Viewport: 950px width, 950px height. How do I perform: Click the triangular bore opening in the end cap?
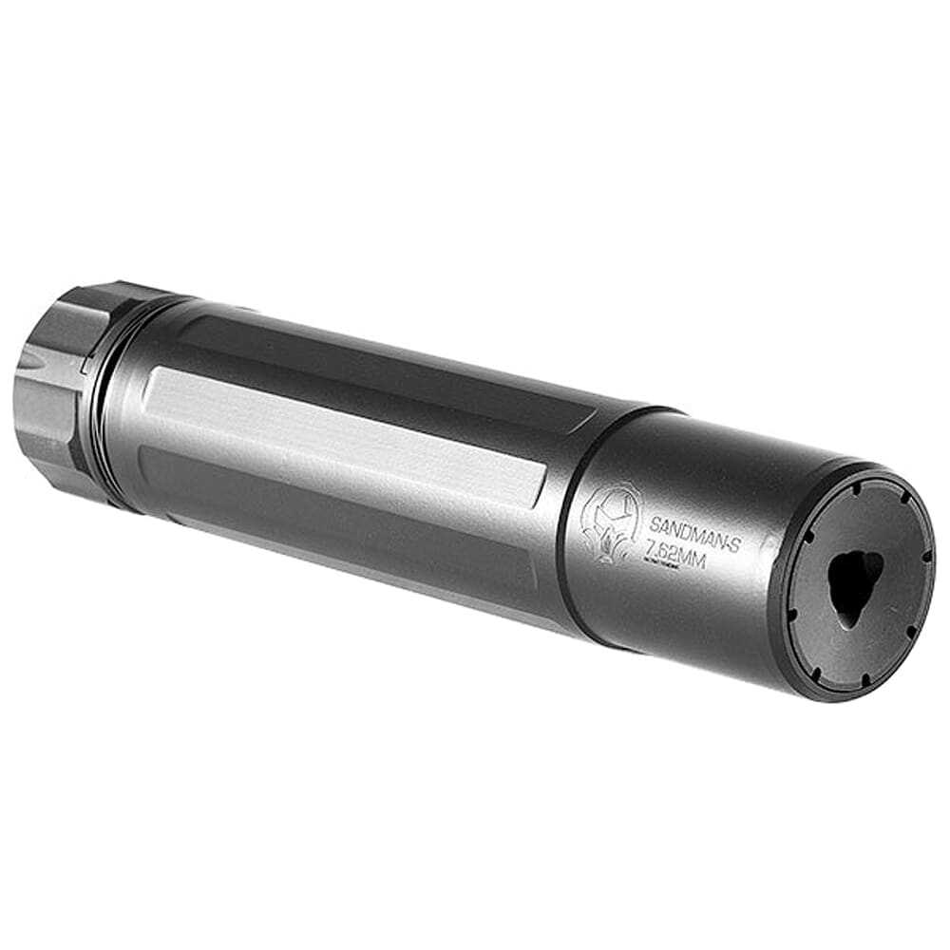click(853, 581)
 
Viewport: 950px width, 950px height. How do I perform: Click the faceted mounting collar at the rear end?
click(57, 389)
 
